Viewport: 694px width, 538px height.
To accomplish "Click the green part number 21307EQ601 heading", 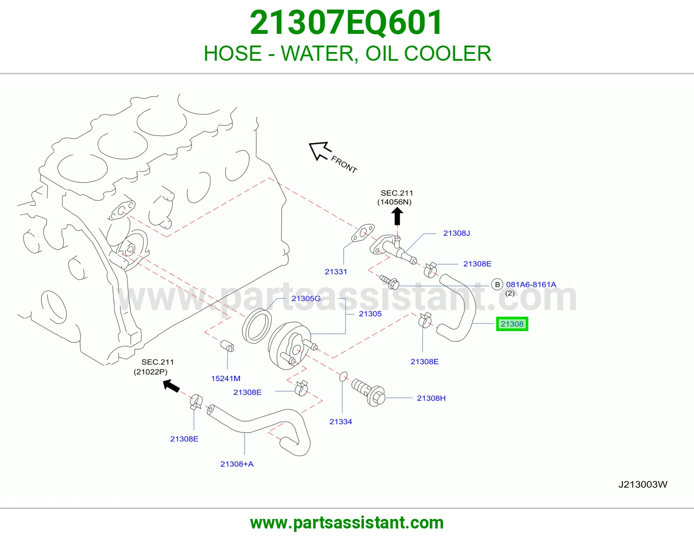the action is point(346,23).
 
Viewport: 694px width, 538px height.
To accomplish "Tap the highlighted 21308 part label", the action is point(512,324).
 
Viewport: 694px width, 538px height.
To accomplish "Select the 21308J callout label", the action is point(456,233).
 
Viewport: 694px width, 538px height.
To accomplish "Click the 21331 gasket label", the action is point(336,272).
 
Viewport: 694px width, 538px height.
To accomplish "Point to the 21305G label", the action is point(306,299).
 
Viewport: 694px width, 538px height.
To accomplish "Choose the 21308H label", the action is point(431,398).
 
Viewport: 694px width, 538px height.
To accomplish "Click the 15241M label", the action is point(226,379).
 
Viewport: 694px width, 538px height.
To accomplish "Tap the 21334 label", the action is point(340,422).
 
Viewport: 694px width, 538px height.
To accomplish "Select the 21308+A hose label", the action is point(237,464).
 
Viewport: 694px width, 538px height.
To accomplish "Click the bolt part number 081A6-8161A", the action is point(531,284).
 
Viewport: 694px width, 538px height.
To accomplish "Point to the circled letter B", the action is point(497,284).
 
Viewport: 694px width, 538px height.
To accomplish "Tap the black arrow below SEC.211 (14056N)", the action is point(397,217).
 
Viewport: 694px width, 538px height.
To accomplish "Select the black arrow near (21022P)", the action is point(171,386).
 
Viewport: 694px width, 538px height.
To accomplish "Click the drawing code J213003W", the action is point(642,484).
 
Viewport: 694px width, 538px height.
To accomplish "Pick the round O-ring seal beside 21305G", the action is point(257,326).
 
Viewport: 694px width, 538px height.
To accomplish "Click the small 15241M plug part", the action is point(227,346).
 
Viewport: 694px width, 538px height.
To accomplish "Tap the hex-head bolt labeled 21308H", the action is point(368,393).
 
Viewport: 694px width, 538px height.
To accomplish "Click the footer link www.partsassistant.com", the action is point(347,523).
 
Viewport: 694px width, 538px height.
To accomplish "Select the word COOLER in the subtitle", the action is point(448,53).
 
